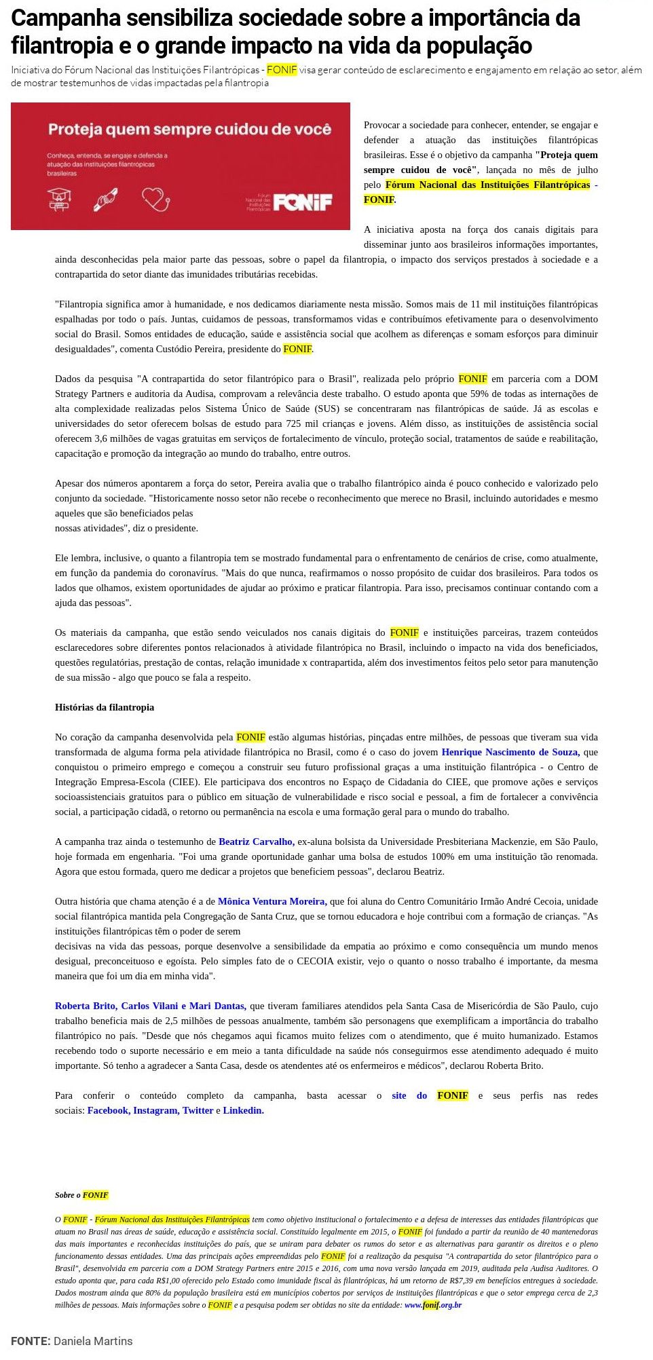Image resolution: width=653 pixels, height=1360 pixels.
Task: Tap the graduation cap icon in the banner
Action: click(x=60, y=200)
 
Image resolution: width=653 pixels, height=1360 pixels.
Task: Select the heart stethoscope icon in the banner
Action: click(x=155, y=199)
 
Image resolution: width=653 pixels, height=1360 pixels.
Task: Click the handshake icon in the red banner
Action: click(x=107, y=200)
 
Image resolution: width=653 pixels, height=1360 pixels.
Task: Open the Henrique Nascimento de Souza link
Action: click(x=510, y=752)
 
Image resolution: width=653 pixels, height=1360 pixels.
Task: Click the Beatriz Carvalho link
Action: click(x=256, y=842)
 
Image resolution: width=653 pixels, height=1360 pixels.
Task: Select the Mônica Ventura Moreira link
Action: click(x=272, y=901)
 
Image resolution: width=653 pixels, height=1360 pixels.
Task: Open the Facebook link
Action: click(x=109, y=1110)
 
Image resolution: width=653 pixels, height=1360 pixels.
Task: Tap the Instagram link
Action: click(x=156, y=1110)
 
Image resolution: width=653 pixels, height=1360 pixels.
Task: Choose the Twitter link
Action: click(x=198, y=1110)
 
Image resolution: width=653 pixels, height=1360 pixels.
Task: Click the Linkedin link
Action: click(x=243, y=1110)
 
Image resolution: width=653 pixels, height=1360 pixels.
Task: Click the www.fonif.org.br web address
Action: click(x=433, y=1305)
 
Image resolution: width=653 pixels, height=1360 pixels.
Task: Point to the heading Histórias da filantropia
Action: click(x=105, y=707)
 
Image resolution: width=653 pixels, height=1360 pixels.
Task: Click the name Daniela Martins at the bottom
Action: click(x=93, y=1341)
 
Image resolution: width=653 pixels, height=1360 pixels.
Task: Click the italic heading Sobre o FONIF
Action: click(x=81, y=1195)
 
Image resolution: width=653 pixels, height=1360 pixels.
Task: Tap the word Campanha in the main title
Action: click(x=60, y=19)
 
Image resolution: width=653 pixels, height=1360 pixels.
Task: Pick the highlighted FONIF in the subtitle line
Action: click(x=282, y=70)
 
